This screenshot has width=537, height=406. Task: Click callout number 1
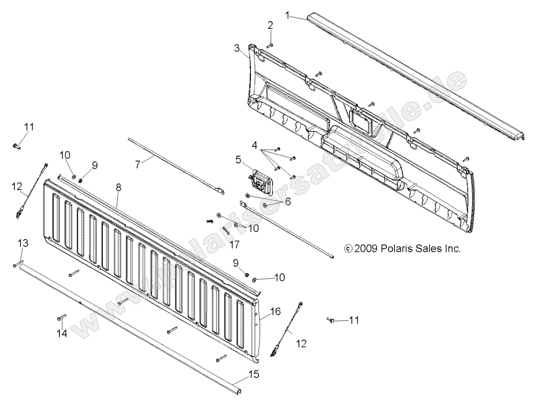[288, 15]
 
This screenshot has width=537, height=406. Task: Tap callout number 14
[62, 334]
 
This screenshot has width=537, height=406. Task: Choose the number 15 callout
[253, 375]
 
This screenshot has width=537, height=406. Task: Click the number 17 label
[234, 245]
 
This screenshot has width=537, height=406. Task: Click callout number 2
[270, 25]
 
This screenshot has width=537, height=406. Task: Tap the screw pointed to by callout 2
[269, 45]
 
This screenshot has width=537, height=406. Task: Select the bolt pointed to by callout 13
[18, 265]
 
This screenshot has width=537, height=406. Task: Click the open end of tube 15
[241, 390]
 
